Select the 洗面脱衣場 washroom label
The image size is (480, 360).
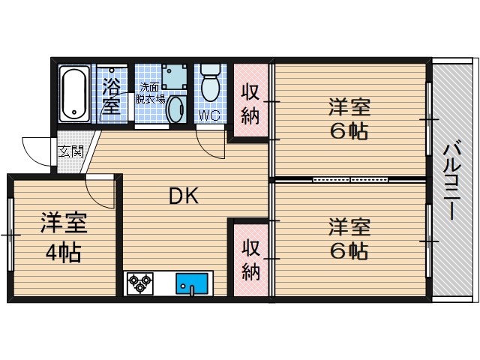151,92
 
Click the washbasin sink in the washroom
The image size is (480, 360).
175,109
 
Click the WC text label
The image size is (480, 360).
208,115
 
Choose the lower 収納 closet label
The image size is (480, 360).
250,259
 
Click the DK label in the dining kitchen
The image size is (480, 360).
182,196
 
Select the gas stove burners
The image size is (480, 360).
140,283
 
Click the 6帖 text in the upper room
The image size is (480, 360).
349,132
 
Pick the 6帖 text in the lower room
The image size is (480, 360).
349,250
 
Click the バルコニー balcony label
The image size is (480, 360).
451,180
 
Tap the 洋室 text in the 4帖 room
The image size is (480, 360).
63,223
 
